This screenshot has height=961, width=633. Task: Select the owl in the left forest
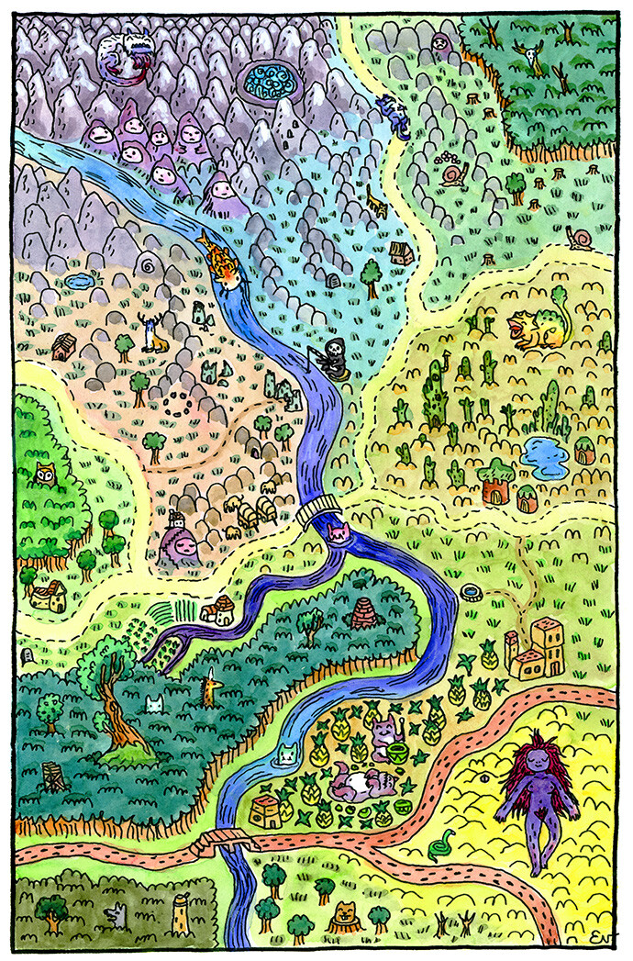click(44, 475)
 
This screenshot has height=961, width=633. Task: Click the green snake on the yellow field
click(442, 843)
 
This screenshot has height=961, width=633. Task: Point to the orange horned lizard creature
click(536, 326)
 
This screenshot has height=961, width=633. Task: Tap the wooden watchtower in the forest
click(53, 777)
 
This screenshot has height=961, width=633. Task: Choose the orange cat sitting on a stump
click(345, 912)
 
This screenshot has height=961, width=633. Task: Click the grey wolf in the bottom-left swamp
click(116, 914)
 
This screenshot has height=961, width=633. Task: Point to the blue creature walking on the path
click(393, 118)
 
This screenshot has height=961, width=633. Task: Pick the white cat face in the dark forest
click(154, 705)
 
